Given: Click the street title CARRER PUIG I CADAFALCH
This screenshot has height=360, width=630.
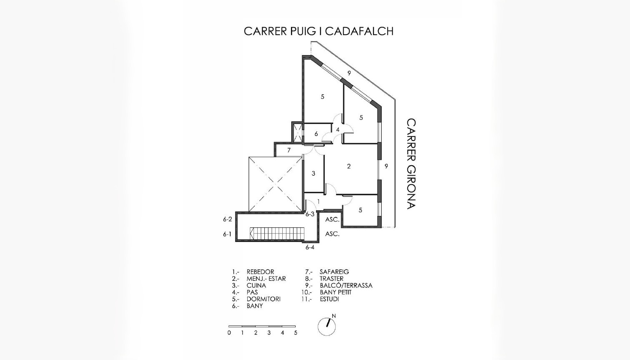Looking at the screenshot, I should (x=319, y=31).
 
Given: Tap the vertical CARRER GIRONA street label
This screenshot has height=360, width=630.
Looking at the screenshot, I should (x=411, y=164).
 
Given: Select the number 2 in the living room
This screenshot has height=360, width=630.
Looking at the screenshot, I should (x=349, y=166).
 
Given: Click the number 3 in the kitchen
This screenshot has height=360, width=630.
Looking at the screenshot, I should (x=314, y=174).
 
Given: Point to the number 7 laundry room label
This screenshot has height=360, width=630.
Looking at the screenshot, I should (x=289, y=150).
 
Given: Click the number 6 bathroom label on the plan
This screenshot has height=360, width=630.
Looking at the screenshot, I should (x=316, y=134).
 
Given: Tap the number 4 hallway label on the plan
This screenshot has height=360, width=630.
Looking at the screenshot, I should (x=338, y=130).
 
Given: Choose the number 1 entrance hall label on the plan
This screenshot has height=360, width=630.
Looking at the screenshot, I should (x=319, y=202).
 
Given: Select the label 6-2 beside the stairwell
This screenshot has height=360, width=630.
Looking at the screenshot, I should (x=227, y=219).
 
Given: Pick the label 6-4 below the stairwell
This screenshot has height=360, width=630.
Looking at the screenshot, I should (x=310, y=247).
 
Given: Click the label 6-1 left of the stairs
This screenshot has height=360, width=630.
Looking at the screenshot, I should (x=227, y=234).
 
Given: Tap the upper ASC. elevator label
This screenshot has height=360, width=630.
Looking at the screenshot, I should (x=332, y=219).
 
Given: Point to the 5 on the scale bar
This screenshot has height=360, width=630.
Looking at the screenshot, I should (x=296, y=333).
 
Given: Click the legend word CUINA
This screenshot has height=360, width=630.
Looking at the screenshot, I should (x=256, y=286).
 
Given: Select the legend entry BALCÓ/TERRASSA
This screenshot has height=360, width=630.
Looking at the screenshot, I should (x=346, y=286).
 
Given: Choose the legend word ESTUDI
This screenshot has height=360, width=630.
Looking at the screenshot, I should (x=329, y=299).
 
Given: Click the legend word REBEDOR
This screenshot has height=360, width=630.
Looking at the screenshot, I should (x=260, y=272).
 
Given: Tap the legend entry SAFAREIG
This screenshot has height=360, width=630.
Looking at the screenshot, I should (x=334, y=272).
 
